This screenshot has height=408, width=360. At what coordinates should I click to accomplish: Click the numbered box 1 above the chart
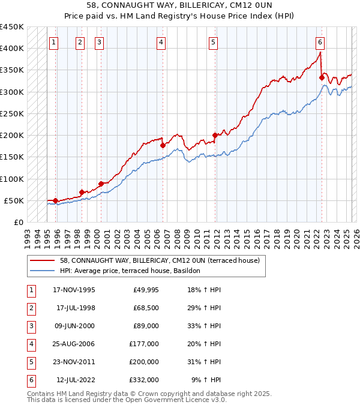(54, 42)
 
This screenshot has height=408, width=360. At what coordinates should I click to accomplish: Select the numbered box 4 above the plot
(162, 42)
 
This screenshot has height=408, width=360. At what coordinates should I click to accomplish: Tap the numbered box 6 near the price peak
(320, 42)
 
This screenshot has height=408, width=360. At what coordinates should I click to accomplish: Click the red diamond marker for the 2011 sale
(215, 136)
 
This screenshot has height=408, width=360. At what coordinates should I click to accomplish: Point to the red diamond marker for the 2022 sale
(322, 78)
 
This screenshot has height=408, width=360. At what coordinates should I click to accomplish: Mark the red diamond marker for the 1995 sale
(55, 200)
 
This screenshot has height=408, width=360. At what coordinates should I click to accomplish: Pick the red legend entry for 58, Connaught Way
(159, 261)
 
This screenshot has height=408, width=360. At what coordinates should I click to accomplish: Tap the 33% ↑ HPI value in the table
(204, 326)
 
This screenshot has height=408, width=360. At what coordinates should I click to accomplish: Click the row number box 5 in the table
(30, 362)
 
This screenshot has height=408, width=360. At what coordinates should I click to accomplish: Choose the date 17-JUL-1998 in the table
(76, 308)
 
